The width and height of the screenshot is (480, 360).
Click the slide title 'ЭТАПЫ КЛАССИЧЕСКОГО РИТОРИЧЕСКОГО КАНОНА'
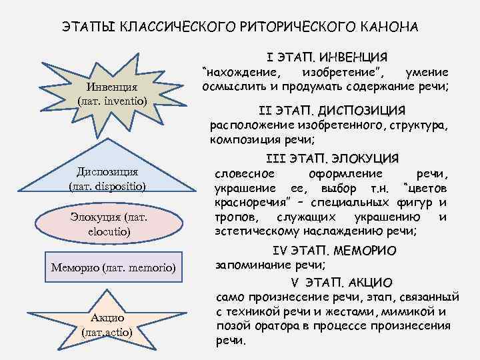pyautogui.click(x=240, y=28)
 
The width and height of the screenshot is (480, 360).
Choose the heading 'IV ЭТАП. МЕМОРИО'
pyautogui.click(x=334, y=251)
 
